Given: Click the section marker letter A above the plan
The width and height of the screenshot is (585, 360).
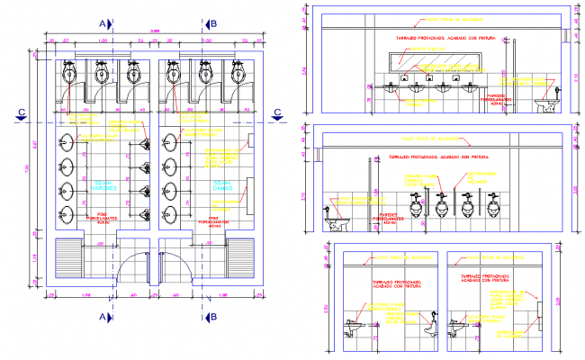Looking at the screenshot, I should click(x=103, y=23).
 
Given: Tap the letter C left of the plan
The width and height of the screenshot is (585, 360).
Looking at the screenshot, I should click(x=20, y=112).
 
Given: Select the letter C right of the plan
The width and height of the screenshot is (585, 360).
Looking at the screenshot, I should click(x=278, y=112).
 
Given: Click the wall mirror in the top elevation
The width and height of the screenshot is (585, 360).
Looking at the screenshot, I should click(x=436, y=61).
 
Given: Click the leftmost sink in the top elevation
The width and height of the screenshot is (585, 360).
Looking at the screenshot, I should click(x=389, y=88).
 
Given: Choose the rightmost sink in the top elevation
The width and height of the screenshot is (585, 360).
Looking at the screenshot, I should click(x=469, y=88).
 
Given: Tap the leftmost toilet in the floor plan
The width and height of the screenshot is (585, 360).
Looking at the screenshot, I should click(x=70, y=71).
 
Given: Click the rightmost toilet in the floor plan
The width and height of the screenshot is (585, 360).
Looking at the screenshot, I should click(x=239, y=71).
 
